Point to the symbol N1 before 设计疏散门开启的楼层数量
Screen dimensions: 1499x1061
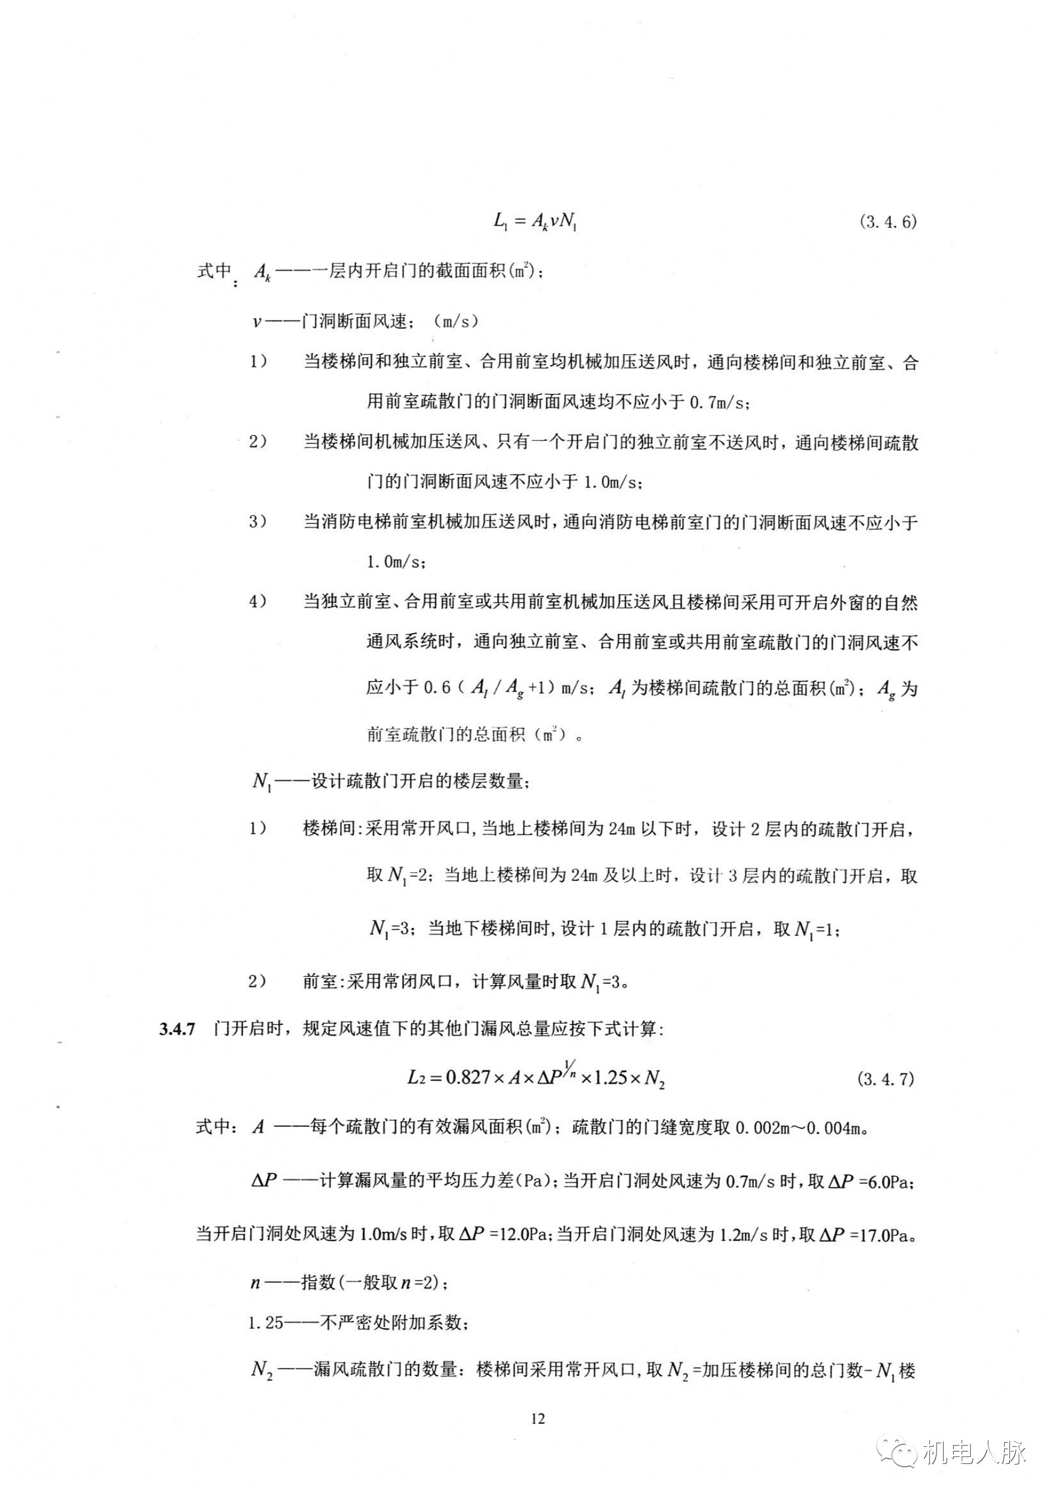tap(262, 781)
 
